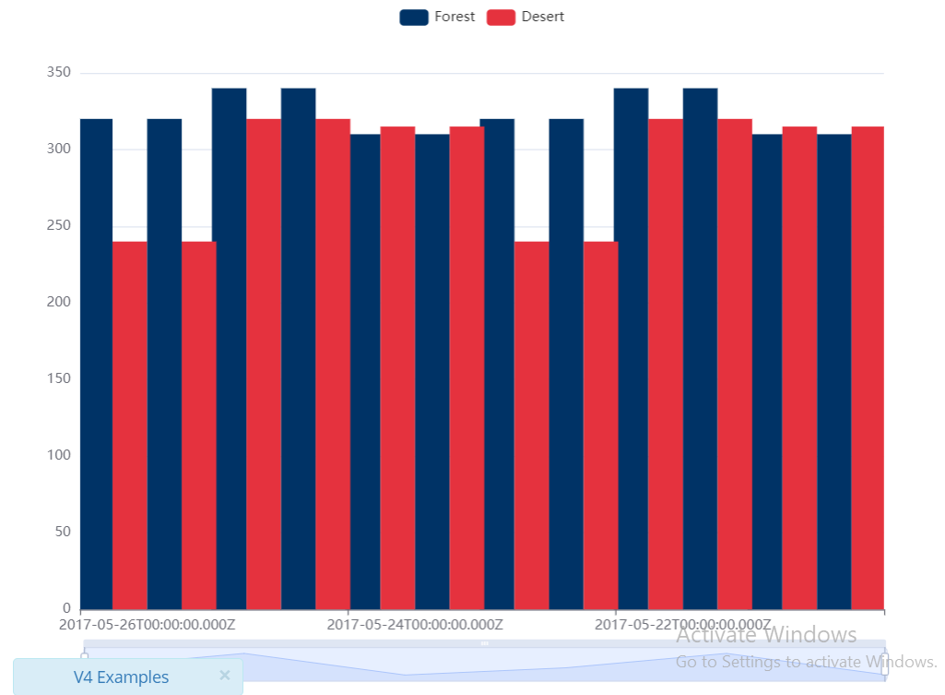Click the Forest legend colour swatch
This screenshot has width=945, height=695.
[x=414, y=17]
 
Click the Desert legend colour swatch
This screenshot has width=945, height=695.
[x=501, y=17]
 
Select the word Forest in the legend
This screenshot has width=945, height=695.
[x=455, y=17]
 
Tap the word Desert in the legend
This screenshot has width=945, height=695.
[x=542, y=17]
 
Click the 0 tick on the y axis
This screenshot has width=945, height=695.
[x=66, y=608]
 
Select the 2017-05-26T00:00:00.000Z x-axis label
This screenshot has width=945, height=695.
[x=148, y=625]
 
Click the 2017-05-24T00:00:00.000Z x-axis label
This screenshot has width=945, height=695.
[x=415, y=625]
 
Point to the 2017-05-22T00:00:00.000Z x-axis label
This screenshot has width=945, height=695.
[x=682, y=625]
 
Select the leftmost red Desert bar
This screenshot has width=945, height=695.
[x=130, y=425]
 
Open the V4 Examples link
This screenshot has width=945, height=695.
[x=121, y=677]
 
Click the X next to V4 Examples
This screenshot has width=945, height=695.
[x=224, y=676]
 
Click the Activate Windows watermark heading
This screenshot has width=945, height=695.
[x=766, y=635]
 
